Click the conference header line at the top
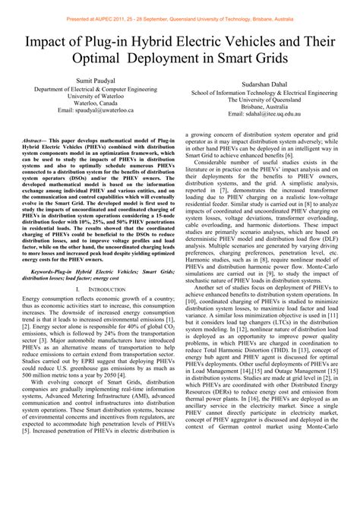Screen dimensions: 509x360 pos(180,6)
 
